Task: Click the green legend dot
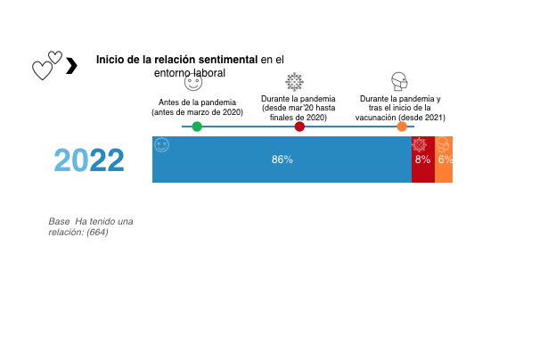point(197,127)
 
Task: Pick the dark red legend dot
point(299,127)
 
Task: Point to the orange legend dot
point(402,127)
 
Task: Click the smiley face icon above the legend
point(193,82)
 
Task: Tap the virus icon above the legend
point(294,82)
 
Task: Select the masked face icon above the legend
point(399,82)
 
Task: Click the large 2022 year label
point(89,161)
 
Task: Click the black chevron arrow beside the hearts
point(72,64)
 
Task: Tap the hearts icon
point(47,65)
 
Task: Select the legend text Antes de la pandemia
point(197,102)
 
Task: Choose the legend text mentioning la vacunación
point(400,117)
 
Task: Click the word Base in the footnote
point(59,220)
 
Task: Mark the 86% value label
point(282,160)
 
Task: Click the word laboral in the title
point(206,73)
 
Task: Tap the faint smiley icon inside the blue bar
point(161,144)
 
